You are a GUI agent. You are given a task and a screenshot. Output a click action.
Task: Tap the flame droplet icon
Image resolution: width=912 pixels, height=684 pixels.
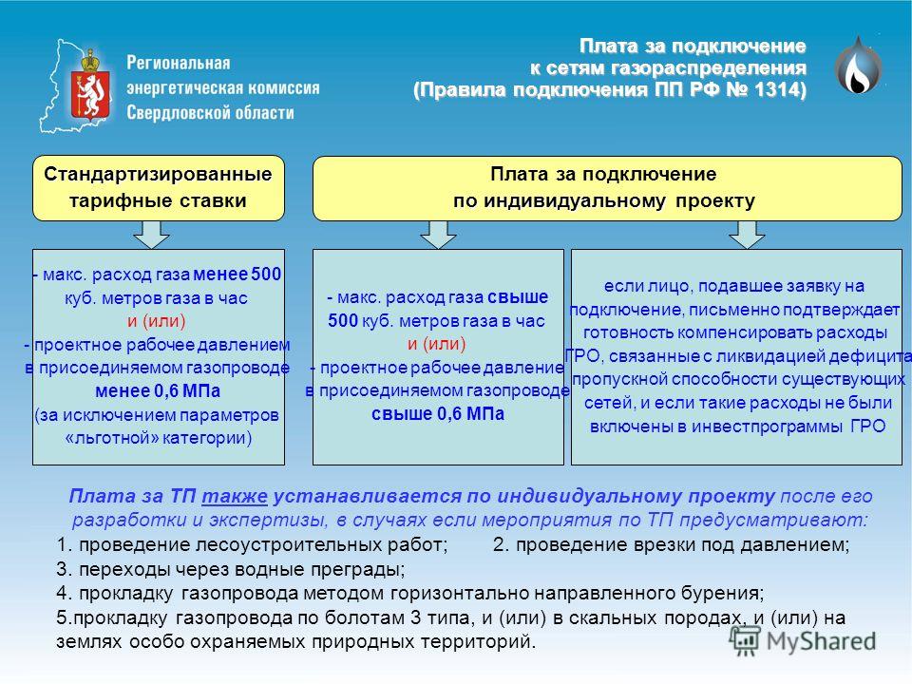858,66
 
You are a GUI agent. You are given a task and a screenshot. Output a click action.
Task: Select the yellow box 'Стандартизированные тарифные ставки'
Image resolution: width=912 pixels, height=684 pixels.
159,188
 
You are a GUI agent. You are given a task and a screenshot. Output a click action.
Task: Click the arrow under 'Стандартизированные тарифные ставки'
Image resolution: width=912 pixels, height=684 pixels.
151,235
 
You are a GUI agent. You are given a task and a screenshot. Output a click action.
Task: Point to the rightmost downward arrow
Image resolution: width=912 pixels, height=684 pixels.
747,235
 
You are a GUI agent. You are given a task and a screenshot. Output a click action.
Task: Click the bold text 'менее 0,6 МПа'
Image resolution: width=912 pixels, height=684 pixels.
158,390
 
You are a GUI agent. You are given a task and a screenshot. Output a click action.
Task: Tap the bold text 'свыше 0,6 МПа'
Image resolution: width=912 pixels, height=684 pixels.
438,414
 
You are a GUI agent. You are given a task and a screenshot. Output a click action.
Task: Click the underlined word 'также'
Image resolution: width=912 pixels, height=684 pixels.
235,496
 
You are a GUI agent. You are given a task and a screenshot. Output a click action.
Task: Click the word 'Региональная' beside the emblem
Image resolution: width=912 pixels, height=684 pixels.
179,63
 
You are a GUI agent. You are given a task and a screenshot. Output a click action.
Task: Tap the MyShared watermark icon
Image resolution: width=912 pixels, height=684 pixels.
745,641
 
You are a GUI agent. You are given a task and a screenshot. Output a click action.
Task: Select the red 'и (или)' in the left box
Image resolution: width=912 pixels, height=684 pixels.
157,321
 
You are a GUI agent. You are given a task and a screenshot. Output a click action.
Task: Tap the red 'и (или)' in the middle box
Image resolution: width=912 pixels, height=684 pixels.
437,344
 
